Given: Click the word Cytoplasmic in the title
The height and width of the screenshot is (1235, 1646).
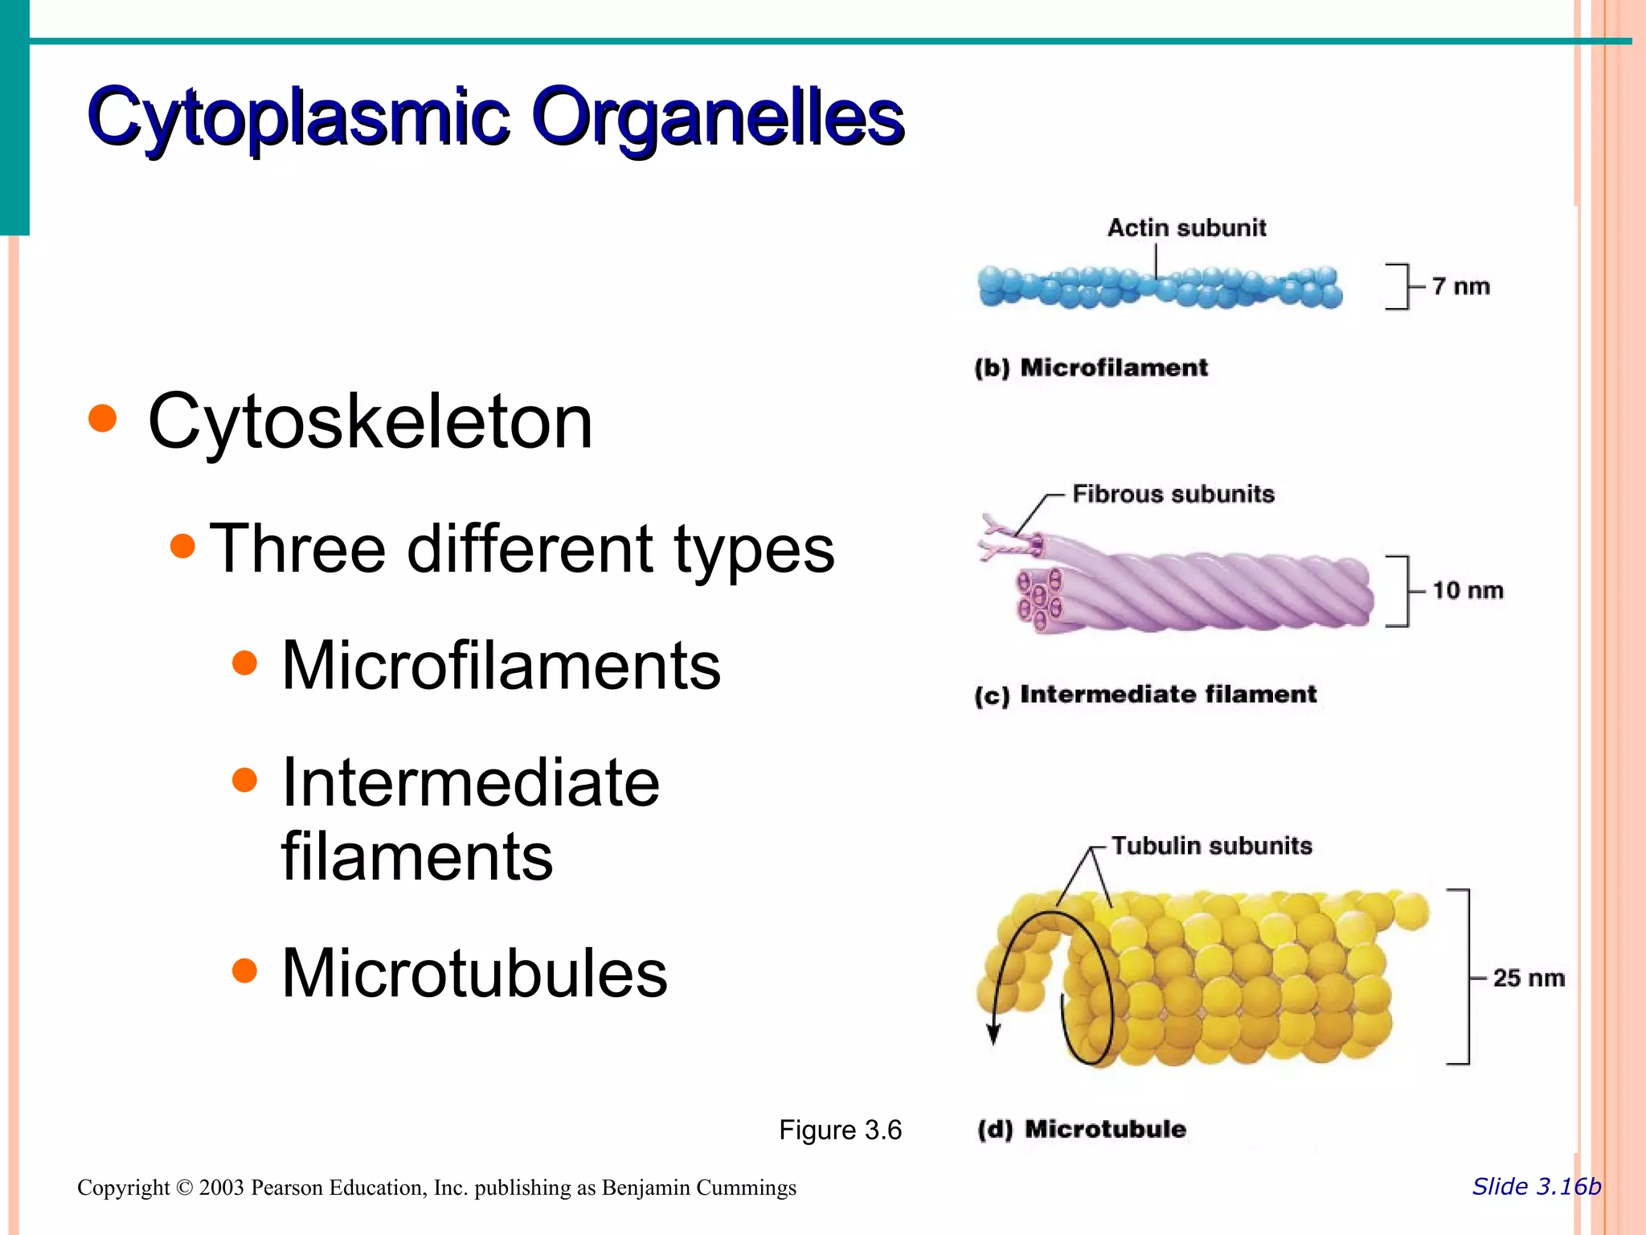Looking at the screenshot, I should pos(298,117).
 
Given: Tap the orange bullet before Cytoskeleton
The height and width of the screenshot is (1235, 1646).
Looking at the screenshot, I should pos(103,418).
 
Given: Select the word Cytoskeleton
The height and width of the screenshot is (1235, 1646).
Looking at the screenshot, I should pos(370,421).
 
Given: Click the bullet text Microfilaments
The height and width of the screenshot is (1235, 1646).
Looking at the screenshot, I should pos(501,666).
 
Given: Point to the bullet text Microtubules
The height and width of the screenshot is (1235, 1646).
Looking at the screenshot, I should pos(474,973).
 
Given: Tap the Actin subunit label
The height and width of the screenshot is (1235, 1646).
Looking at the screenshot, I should pos(1186,228).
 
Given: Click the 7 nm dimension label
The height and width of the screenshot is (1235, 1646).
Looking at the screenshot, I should pos(1460,286).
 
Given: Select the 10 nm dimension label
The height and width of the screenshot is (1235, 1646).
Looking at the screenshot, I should pos(1467,590).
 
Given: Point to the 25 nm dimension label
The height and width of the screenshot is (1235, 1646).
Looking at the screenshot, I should pos(1528,978).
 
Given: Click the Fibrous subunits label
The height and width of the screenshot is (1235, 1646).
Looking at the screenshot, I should pos(1173,494).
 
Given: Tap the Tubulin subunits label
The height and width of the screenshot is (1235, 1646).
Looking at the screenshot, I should pos(1211,846).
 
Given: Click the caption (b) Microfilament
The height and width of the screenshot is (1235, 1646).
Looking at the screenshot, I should pos(1091,367).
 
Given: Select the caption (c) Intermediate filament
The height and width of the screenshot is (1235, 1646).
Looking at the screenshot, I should pos(1145,694).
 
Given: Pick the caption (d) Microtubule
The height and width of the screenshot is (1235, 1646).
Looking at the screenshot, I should pos(1081,1129).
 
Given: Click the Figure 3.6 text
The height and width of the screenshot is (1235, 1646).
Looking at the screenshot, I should pos(840,1130).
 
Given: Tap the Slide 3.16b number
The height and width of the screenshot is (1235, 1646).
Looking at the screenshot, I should pos(1536,1186).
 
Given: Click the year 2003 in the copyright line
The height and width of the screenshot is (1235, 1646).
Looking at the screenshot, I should pos(221,1188).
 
